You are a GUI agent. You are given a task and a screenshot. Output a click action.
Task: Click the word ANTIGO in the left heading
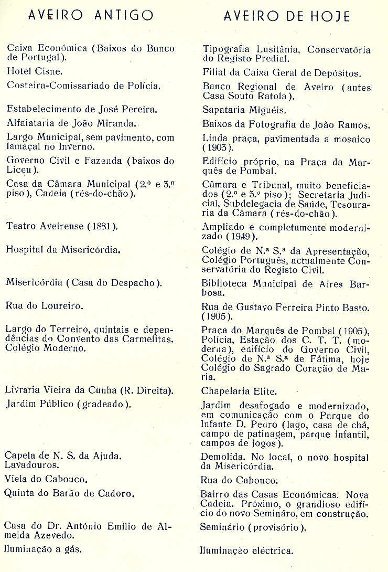click(124, 15)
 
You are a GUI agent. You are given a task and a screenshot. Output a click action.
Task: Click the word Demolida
click(221, 456)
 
